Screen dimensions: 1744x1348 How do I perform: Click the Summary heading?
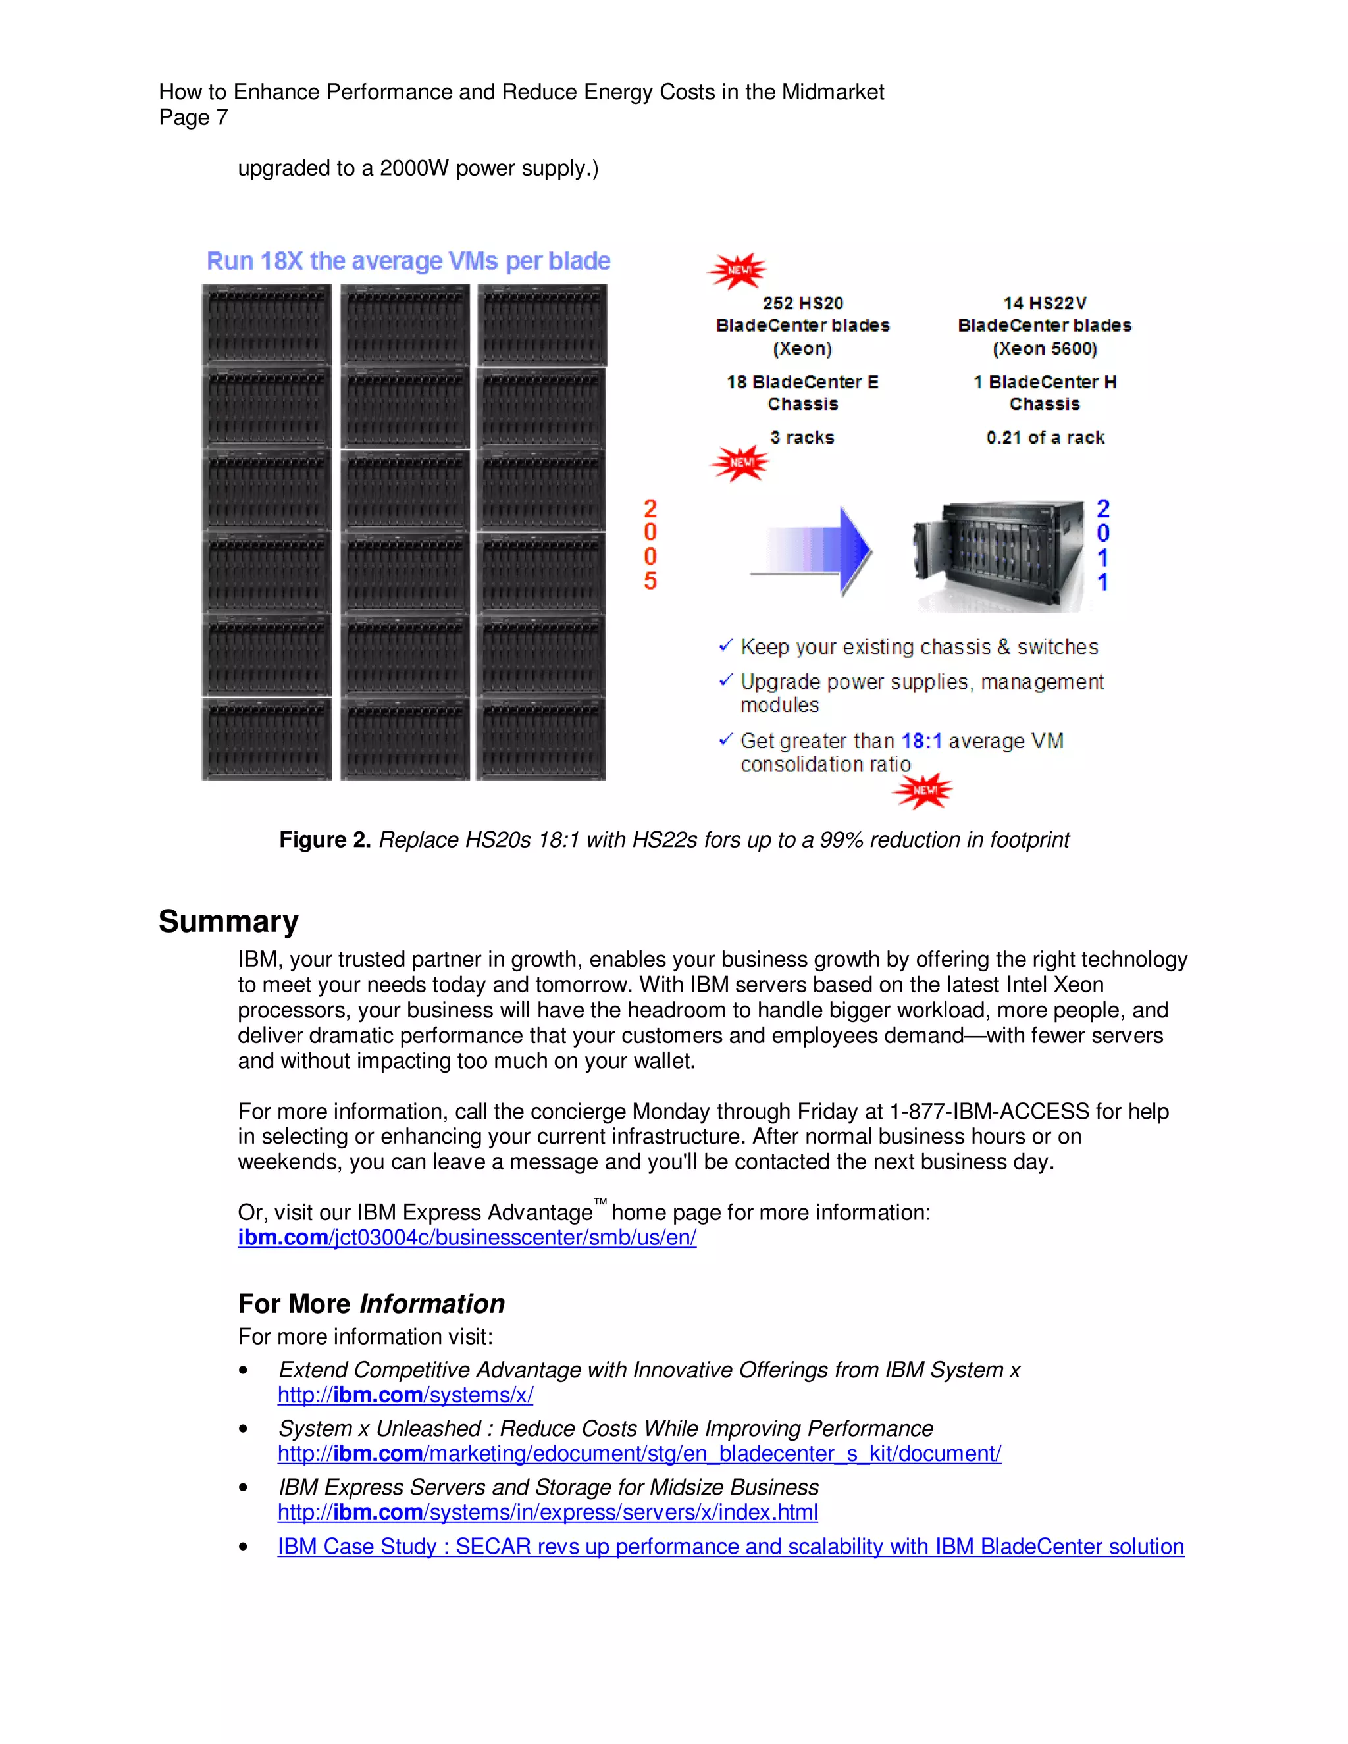(228, 921)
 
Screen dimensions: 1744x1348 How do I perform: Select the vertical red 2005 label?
(651, 545)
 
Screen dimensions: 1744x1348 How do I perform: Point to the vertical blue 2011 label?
(1103, 546)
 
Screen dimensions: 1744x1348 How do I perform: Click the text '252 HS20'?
(802, 303)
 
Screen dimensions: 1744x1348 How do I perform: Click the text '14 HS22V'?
(1045, 303)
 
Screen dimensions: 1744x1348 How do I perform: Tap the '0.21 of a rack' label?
(1045, 438)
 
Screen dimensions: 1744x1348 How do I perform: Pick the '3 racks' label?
(802, 438)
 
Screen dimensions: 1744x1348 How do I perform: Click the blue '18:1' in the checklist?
(921, 741)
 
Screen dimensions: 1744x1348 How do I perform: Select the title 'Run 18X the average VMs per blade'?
(408, 261)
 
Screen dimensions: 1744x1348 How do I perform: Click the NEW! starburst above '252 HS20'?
(738, 270)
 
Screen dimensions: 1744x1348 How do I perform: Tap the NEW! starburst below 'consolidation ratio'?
(923, 790)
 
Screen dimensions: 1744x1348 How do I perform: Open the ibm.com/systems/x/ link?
(405, 1395)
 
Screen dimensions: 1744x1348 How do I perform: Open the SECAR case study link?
(730, 1547)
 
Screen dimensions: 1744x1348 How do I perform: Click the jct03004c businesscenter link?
(467, 1238)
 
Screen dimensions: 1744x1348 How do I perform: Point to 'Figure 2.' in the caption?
(324, 840)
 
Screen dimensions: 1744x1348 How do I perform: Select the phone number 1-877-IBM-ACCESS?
(989, 1112)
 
